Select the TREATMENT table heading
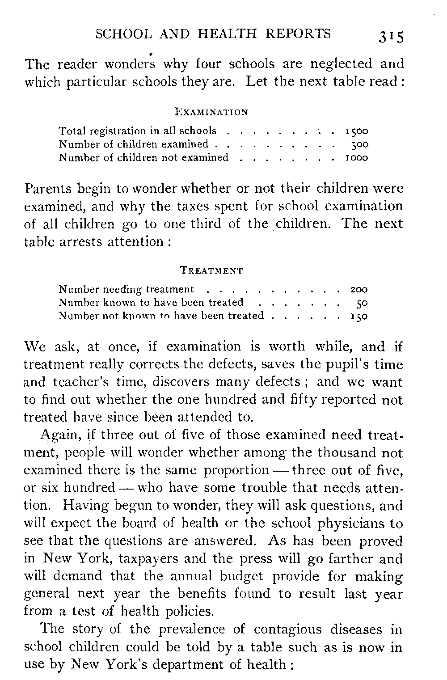pos(211,270)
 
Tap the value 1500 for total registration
pos(357,131)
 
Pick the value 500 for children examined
pos(359,144)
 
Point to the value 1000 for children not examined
pos(357,157)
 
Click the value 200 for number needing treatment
pos(358,290)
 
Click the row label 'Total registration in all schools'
pos(138,131)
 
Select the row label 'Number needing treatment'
pos(127,290)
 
